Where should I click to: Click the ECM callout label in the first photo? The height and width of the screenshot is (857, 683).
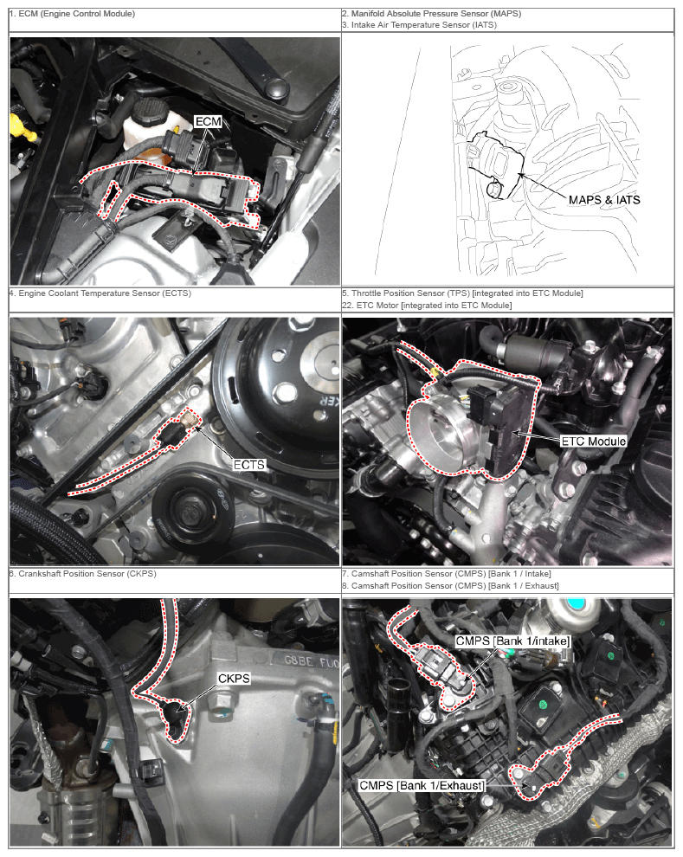(208, 121)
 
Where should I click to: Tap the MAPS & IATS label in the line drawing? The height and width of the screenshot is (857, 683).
(603, 199)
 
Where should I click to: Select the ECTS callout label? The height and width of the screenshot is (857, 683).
(249, 465)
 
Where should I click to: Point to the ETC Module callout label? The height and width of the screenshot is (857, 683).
(593, 441)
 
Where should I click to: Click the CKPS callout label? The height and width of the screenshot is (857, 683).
(234, 679)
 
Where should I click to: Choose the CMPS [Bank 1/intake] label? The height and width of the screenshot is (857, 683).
(512, 641)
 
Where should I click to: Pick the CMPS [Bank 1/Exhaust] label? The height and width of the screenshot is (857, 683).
(422, 785)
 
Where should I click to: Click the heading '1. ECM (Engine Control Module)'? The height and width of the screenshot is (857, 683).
(72, 14)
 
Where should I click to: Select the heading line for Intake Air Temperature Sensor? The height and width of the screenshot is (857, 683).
(419, 25)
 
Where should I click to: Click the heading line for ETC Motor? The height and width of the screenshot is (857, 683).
(427, 306)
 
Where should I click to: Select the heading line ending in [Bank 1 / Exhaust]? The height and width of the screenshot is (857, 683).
(450, 586)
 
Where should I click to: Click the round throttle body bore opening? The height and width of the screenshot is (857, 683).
(439, 432)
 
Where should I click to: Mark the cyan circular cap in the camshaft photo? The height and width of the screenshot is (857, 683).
(576, 603)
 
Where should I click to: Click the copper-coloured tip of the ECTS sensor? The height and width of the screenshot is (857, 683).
(189, 421)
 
